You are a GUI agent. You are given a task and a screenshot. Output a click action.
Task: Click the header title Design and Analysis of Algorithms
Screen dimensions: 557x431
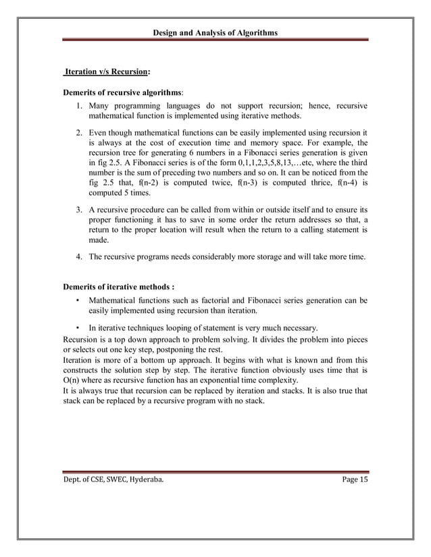coord(215,32)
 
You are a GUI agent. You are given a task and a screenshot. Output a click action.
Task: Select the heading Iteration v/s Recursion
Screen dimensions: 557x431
coord(107,71)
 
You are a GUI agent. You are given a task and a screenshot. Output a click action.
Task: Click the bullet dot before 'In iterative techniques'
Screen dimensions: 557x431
coord(79,328)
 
